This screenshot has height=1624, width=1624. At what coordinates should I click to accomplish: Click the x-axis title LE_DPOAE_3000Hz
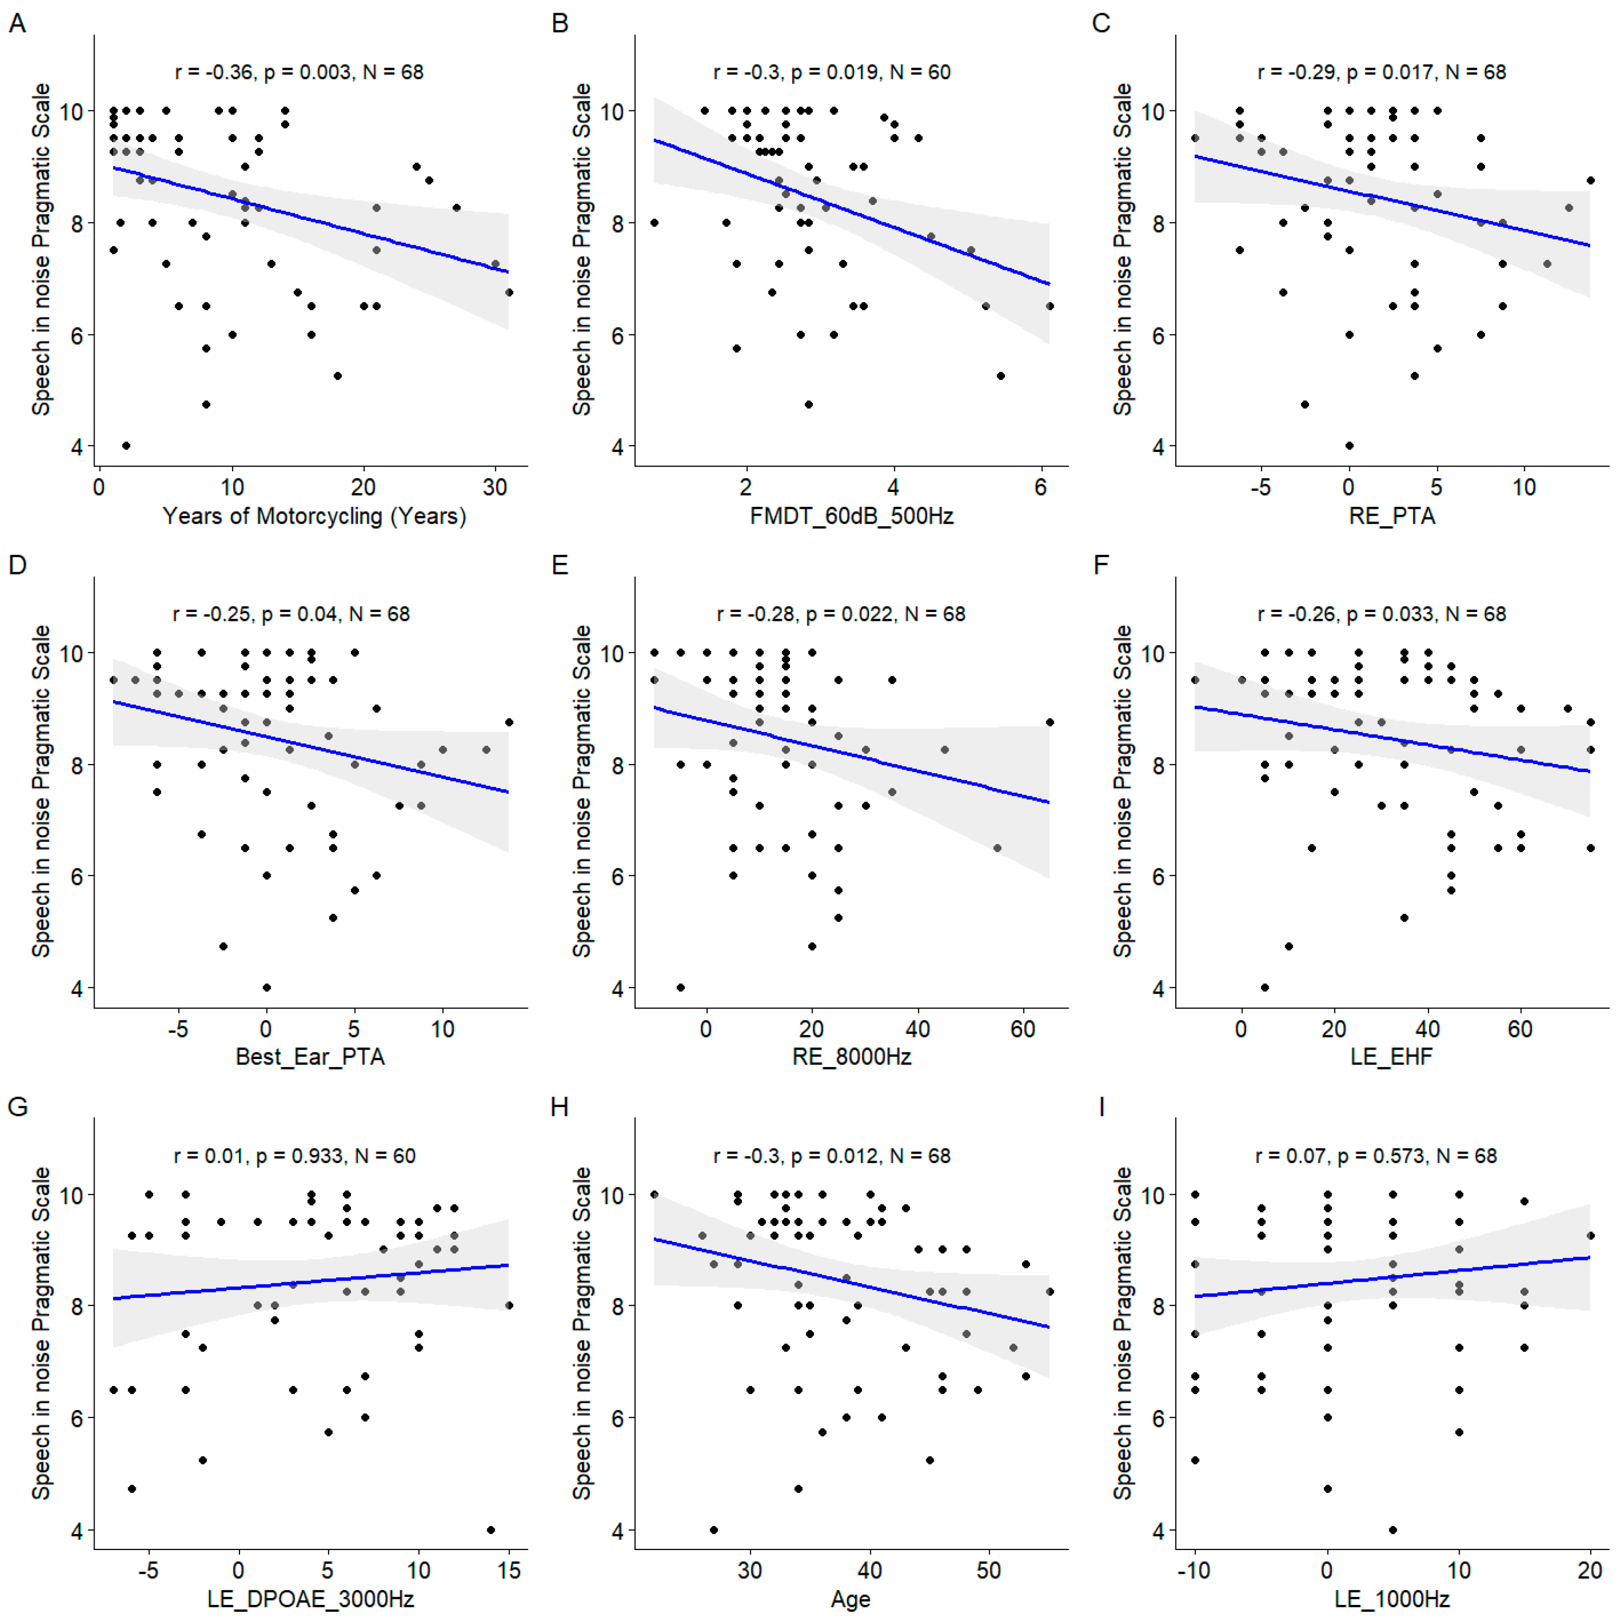tap(310, 1598)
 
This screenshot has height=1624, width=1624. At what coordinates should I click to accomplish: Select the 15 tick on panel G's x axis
tap(508, 1570)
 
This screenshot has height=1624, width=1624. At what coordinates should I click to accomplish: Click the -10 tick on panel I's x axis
tap(1194, 1570)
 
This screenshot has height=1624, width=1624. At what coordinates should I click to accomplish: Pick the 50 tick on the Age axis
tap(989, 1570)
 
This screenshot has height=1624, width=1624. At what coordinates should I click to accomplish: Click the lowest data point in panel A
tap(126, 446)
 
